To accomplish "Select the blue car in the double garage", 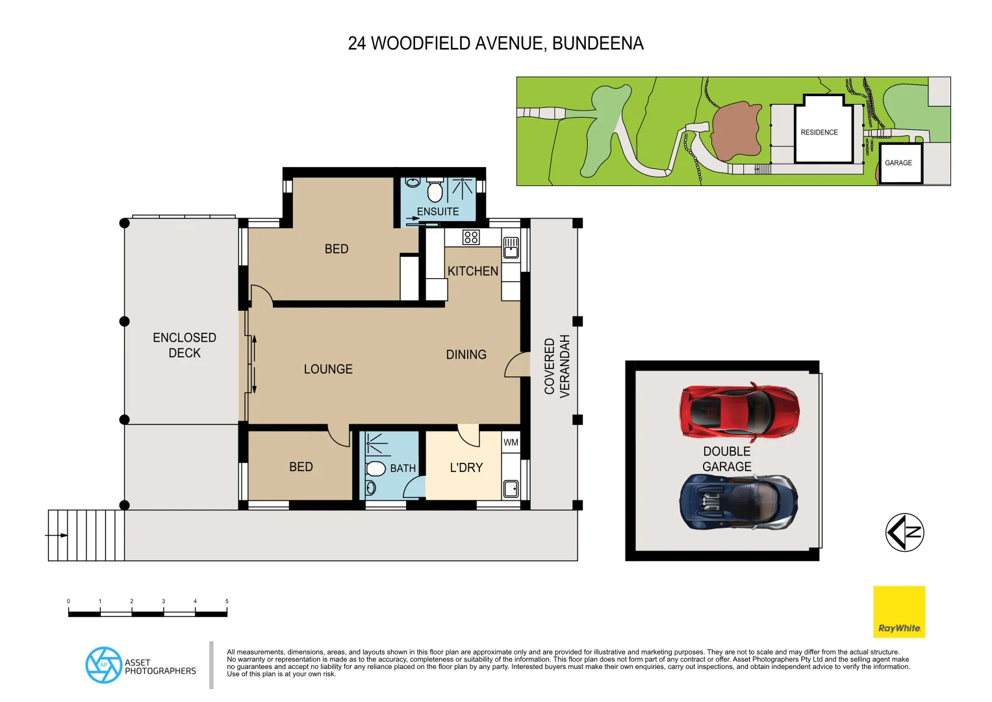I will coord(739,502).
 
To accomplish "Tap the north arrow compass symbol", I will coord(904,532).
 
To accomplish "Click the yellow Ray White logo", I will coord(898,612).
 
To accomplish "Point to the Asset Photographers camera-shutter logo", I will coord(103,665).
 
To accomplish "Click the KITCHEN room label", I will coord(472,271).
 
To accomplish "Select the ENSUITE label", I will coord(437,212).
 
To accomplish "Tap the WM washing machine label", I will coord(511,443).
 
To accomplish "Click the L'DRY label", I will coord(466,467).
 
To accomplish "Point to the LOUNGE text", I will coord(328,369).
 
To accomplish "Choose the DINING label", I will coord(466,354).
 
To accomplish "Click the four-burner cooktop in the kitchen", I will coord(471,237).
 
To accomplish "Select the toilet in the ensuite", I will coord(435,192).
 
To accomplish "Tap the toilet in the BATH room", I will coord(375,469).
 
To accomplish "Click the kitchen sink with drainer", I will coord(511,247).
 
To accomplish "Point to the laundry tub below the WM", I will coord(511,488).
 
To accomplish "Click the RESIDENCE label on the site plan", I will coord(819,133).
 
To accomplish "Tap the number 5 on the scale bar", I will coord(227,601).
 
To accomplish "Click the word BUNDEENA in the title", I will coord(598,44).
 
